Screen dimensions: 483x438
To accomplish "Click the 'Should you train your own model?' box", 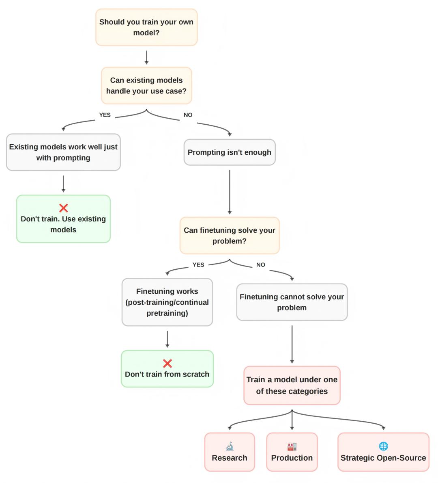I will click(x=146, y=27).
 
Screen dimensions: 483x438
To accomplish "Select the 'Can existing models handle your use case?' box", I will click(x=146, y=86).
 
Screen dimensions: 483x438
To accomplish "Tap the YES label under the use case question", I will click(x=105, y=115).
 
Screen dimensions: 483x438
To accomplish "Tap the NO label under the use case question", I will click(x=188, y=115).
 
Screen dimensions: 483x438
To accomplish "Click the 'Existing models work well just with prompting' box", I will click(x=63, y=152).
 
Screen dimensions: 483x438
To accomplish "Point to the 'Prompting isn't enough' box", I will click(x=230, y=152).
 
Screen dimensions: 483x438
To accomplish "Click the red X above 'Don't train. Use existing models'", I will click(x=63, y=208).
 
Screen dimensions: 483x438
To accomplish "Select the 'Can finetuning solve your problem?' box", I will click(x=230, y=236).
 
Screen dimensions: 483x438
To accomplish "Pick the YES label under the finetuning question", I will click(x=198, y=265).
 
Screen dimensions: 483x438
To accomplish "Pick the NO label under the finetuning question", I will click(x=261, y=265).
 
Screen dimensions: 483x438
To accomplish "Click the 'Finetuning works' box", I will click(x=167, y=302).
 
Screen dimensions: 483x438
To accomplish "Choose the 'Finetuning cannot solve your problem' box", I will click(x=292, y=302).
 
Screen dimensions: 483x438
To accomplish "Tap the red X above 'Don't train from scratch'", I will click(x=167, y=363).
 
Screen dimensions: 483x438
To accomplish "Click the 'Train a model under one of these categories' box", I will click(x=292, y=386).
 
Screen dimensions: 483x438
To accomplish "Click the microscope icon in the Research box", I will click(x=230, y=446).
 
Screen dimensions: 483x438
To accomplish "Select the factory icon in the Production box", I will click(x=292, y=446).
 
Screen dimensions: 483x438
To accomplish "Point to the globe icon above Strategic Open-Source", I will click(x=383, y=446).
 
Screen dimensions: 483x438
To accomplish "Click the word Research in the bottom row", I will click(x=230, y=458).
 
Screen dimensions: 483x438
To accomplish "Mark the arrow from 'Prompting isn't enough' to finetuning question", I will click(x=230, y=191).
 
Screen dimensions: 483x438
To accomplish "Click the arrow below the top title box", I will click(x=146, y=57).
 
